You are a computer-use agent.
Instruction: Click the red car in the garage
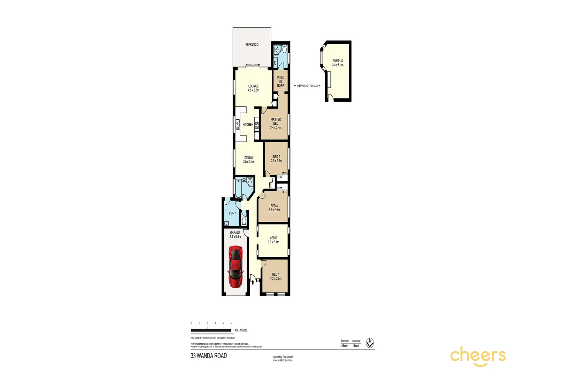tap(235, 267)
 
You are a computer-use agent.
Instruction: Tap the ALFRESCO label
tap(252, 45)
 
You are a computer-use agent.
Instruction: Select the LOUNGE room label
tap(253, 88)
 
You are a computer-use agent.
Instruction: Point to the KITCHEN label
tap(248, 125)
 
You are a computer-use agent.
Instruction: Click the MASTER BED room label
tap(276, 123)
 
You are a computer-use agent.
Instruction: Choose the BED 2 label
tap(277, 159)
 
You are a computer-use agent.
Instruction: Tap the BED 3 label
tap(274, 208)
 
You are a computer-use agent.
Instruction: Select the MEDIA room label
tap(273, 240)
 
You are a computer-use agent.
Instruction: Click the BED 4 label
tap(276, 276)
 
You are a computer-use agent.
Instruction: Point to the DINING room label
tap(249, 159)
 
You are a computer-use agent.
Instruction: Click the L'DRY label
tap(232, 213)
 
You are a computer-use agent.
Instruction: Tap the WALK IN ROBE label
tap(280, 82)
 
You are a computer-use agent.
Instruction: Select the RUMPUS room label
tap(338, 63)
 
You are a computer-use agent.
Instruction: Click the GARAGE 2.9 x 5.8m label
tap(235, 235)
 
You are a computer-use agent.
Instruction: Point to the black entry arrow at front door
tap(253, 282)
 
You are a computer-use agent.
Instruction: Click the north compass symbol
tap(370, 343)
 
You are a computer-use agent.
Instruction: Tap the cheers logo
tap(478, 356)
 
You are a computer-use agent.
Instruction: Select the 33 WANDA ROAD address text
tap(209, 356)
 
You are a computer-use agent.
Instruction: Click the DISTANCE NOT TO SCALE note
tap(307, 86)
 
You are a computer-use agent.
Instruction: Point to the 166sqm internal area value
tap(344, 346)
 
